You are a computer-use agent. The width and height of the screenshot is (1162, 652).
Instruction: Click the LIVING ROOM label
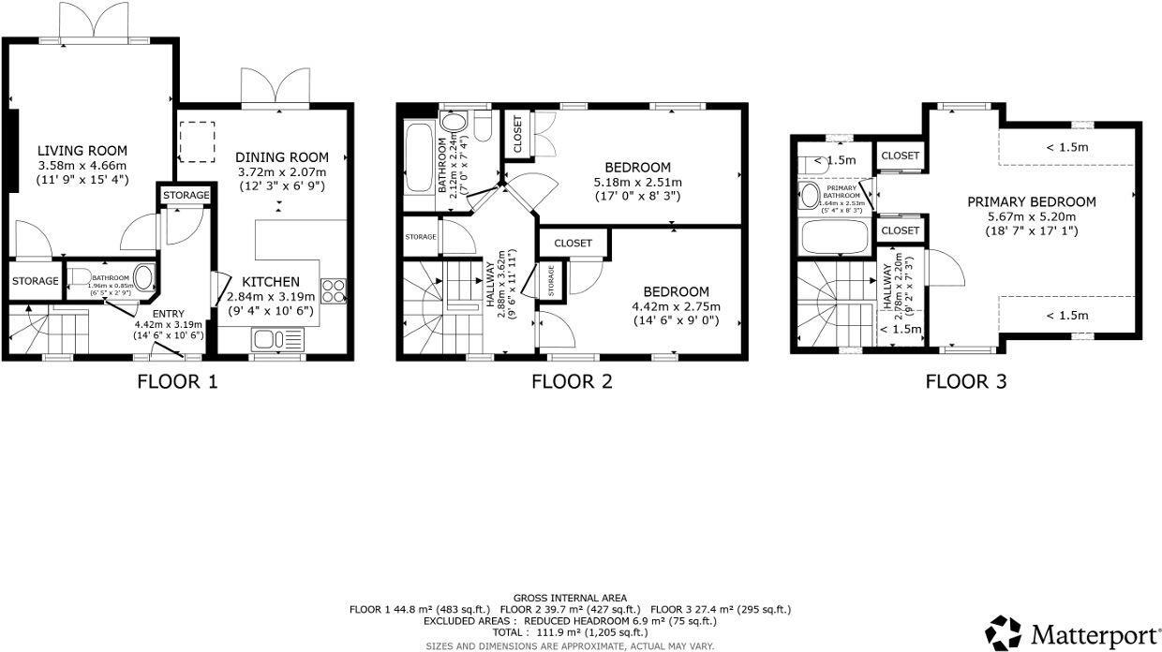(x=82, y=151)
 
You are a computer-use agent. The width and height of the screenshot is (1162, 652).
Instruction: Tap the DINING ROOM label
(x=282, y=156)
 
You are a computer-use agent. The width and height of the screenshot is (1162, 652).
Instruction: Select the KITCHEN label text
(x=271, y=282)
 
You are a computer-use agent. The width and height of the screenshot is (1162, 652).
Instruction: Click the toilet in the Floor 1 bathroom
(x=80, y=278)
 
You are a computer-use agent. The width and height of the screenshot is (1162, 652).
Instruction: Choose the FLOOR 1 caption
(x=177, y=381)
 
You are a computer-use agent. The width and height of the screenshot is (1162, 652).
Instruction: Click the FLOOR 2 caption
(x=572, y=381)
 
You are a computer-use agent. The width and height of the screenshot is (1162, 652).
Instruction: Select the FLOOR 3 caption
(x=965, y=381)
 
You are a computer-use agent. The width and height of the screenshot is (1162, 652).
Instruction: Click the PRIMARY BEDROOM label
(x=1031, y=201)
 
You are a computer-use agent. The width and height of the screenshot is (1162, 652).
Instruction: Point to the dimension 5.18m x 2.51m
(x=637, y=182)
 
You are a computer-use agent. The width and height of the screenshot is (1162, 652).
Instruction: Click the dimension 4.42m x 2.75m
(x=675, y=306)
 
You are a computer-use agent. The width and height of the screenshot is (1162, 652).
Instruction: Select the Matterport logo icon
(x=1004, y=632)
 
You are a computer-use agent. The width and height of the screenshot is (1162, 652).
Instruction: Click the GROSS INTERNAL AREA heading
(x=570, y=598)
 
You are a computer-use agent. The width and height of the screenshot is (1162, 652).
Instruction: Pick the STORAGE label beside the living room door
(x=35, y=281)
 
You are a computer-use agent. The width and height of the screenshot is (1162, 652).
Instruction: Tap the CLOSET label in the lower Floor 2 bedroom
(x=573, y=243)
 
